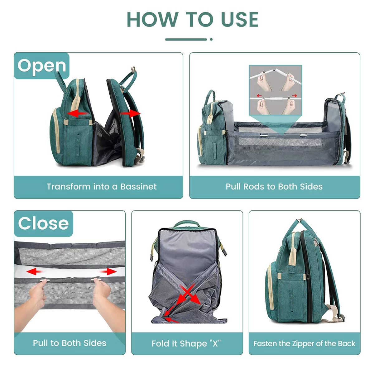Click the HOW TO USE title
pyautogui.click(x=192, y=19)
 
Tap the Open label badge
pyautogui.click(x=42, y=66)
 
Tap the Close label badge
pyautogui.click(x=43, y=223)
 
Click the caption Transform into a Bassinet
pyautogui.click(x=102, y=187)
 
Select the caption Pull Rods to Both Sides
pyautogui.click(x=274, y=187)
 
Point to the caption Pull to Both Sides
pyautogui.click(x=70, y=343)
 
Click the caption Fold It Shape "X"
pyautogui.click(x=186, y=343)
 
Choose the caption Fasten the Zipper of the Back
pyautogui.click(x=304, y=343)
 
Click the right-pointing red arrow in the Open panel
pyautogui.click(x=131, y=113)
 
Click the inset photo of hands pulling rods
pyautogui.click(x=276, y=90)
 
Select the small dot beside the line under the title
pyautogui.click(x=211, y=39)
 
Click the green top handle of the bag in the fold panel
pyautogui.click(x=186, y=223)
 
